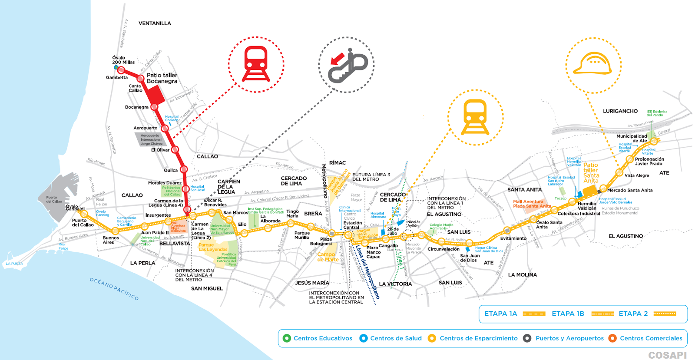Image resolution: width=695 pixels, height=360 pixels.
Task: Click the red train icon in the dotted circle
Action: click(256, 64)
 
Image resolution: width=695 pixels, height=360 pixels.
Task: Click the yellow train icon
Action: click(475, 117)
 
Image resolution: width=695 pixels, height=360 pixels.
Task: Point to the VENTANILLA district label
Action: click(155, 23)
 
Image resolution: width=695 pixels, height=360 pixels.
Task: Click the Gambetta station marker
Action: click(121, 70)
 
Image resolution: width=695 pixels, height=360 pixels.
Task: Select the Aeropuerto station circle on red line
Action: click(165, 129)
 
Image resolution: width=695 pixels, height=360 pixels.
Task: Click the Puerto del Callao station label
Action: click(83, 223)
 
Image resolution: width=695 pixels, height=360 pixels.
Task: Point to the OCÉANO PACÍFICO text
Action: click(114, 289)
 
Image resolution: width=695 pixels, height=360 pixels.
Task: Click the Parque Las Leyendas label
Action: click(213, 247)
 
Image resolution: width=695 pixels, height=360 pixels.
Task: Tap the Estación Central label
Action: click(352, 225)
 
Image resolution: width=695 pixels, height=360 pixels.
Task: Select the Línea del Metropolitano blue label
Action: click(367, 272)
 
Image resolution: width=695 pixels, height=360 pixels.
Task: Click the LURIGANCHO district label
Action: click(620, 111)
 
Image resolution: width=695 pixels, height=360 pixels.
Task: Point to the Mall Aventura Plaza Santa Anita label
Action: click(532, 204)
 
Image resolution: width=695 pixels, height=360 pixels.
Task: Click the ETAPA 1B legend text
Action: click(568, 314)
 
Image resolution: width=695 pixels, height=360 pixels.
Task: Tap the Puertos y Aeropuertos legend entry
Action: click(569, 338)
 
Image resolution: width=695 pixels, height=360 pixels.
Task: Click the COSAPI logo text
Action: click(667, 355)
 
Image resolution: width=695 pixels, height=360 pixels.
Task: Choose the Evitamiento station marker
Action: click(506, 230)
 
